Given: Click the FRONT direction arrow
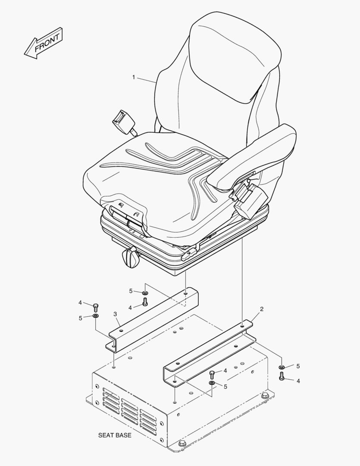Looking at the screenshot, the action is (x=44, y=44).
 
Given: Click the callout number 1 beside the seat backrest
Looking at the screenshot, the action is (x=134, y=77).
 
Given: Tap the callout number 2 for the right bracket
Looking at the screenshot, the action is (x=262, y=309).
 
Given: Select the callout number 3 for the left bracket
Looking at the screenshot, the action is (x=115, y=314).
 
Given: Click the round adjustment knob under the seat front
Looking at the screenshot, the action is (x=130, y=257).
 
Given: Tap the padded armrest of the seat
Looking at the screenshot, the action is (x=255, y=157).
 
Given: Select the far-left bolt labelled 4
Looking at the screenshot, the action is (x=96, y=307).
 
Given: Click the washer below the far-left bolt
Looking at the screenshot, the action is (x=96, y=315).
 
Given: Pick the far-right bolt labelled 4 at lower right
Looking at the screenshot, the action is (x=282, y=376).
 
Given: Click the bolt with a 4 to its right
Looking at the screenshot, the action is (x=212, y=375).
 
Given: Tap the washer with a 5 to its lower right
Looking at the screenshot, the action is (x=212, y=383).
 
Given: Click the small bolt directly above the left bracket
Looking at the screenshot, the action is (x=145, y=302).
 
